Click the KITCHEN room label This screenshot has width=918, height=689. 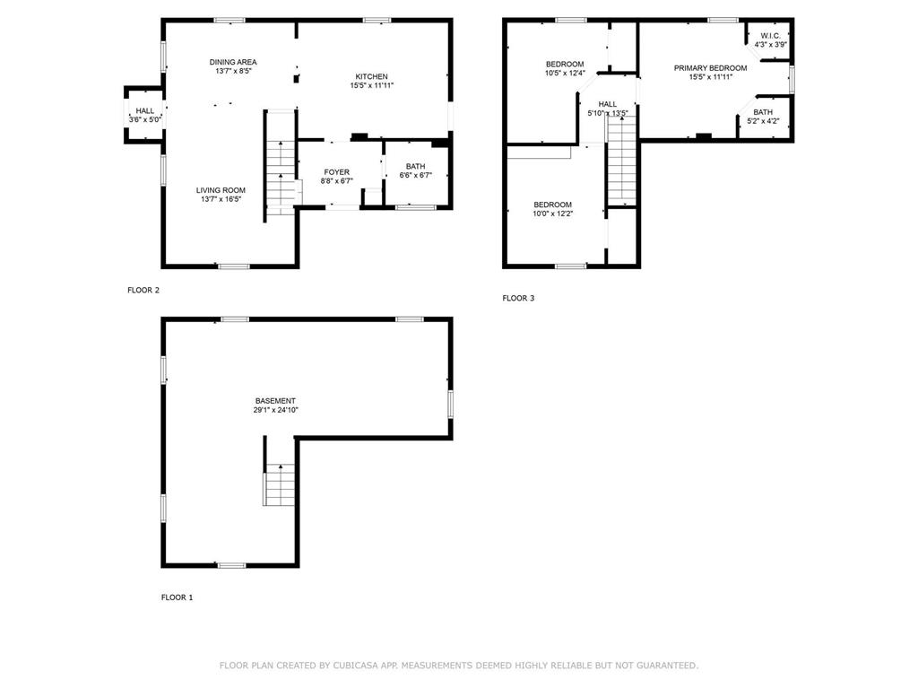click(371, 77)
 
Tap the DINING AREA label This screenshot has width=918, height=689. click(233, 62)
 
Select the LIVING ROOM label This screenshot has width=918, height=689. click(221, 190)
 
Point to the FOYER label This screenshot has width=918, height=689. click(337, 172)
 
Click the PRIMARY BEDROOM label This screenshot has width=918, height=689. click(710, 68)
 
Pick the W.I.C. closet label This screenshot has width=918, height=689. click(770, 36)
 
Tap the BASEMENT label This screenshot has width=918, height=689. click(275, 401)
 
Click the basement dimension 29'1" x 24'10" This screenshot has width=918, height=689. click(276, 410)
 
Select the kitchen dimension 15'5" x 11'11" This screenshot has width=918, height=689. click(372, 85)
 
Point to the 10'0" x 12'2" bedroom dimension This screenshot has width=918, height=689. click(552, 214)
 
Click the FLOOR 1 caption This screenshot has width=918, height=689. click(177, 597)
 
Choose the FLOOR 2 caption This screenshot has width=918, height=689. click(143, 290)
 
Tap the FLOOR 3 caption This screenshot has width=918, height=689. click(518, 298)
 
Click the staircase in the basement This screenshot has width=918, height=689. click(280, 484)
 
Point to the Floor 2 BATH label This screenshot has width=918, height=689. click(416, 166)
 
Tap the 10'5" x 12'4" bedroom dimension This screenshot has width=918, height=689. click(565, 74)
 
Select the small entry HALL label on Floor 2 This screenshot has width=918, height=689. click(145, 110)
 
